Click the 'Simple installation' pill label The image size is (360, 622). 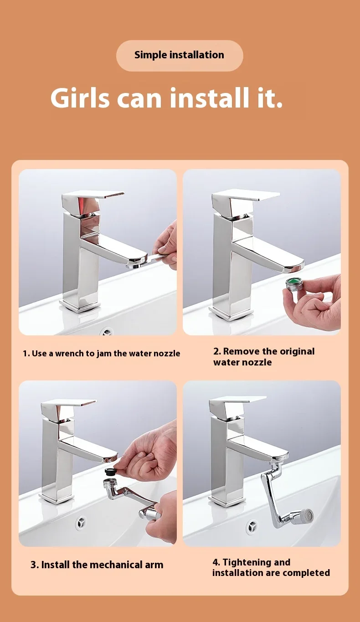point(180,55)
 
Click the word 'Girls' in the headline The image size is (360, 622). point(80,98)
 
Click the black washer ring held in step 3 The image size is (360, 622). point(110,471)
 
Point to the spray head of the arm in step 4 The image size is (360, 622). point(306,516)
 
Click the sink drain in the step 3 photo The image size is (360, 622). point(82,522)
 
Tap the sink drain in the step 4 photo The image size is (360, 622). point(252,526)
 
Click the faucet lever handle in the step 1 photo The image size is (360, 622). point(93,201)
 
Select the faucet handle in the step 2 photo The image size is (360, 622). point(244,200)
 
